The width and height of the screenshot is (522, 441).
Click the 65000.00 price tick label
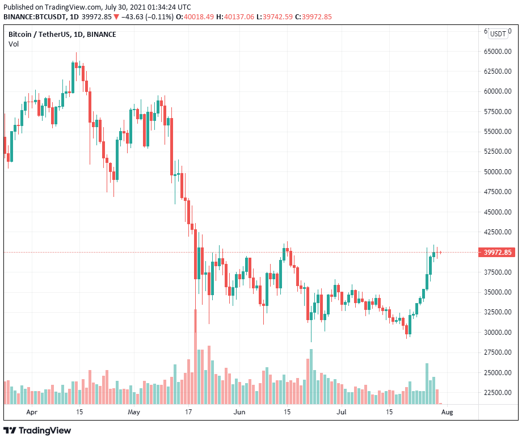(497, 51)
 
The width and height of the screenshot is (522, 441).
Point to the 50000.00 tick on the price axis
(497, 171)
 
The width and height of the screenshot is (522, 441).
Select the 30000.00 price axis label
(497, 333)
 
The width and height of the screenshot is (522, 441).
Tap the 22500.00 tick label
(497, 393)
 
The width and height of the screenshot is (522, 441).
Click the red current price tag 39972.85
(498, 253)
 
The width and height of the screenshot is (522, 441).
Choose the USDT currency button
(498, 33)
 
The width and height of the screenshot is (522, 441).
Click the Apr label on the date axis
(32, 412)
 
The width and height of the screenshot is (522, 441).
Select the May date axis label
(134, 412)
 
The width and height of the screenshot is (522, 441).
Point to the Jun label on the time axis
(240, 412)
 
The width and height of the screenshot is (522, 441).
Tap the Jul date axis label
(342, 412)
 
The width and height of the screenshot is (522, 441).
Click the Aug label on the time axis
(447, 412)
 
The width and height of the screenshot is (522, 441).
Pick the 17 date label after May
(190, 412)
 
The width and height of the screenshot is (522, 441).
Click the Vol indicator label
(13, 44)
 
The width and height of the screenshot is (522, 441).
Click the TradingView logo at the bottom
(38, 430)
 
